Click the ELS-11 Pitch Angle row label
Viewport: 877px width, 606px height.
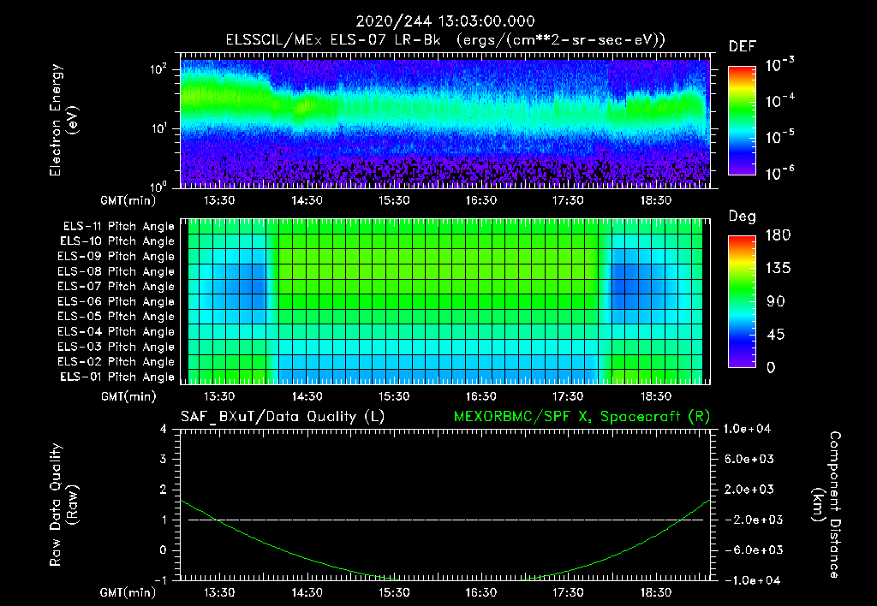click(x=116, y=226)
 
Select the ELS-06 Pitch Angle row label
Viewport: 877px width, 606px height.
click(x=116, y=301)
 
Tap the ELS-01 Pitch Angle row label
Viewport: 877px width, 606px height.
click(x=116, y=377)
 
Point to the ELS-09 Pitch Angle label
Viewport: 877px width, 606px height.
click(x=116, y=256)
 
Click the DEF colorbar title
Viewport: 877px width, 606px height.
click(x=742, y=46)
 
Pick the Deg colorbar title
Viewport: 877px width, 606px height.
click(x=742, y=217)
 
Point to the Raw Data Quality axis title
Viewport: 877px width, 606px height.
click(x=63, y=505)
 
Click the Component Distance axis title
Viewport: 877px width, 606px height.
click(x=826, y=505)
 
